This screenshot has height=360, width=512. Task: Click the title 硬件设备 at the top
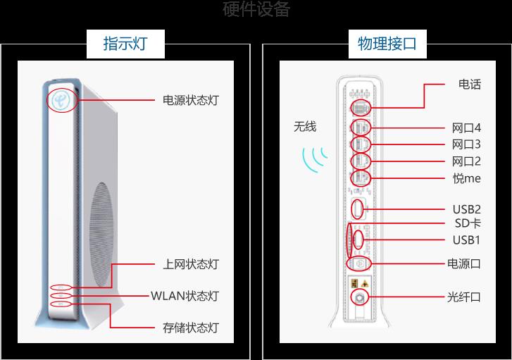[256, 9]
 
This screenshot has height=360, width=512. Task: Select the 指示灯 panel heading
[125, 44]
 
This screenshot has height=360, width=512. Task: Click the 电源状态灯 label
[190, 100]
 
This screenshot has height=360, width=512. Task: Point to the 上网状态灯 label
[190, 264]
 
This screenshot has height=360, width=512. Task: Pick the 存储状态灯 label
[190, 328]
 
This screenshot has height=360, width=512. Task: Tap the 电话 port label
[469, 85]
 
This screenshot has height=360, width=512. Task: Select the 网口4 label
[466, 128]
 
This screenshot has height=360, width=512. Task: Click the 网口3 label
[466, 144]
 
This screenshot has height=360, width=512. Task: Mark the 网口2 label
[466, 161]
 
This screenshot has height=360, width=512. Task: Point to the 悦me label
[466, 178]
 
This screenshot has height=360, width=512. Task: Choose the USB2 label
[466, 209]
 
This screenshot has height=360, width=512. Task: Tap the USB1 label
[466, 240]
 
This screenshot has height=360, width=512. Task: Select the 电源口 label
[464, 263]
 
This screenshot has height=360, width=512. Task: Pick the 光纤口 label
[464, 297]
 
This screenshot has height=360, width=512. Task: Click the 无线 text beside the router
[305, 127]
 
